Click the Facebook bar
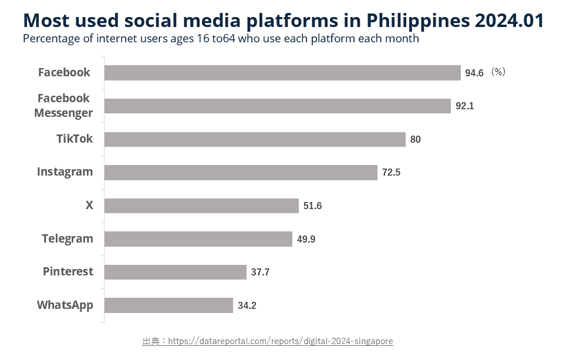(282, 73)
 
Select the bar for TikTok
(255, 139)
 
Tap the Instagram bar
(241, 173)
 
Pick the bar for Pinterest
(176, 272)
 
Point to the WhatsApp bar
(169, 305)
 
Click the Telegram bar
(198, 239)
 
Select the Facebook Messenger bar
(278, 106)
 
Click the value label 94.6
(474, 73)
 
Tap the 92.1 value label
(464, 106)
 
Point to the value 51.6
(312, 206)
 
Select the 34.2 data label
(247, 306)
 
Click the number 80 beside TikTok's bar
(415, 140)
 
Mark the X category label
(89, 206)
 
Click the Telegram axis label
(68, 238)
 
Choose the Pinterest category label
(68, 271)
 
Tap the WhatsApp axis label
(65, 305)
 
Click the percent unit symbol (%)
(498, 72)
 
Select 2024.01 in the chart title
(510, 21)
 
